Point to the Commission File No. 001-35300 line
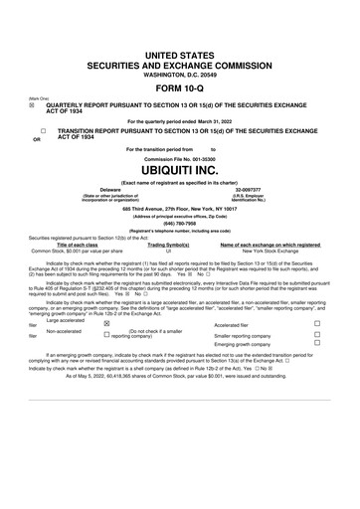tap(179, 157)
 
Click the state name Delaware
tap(110, 184)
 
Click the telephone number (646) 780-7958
tap(179, 224)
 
